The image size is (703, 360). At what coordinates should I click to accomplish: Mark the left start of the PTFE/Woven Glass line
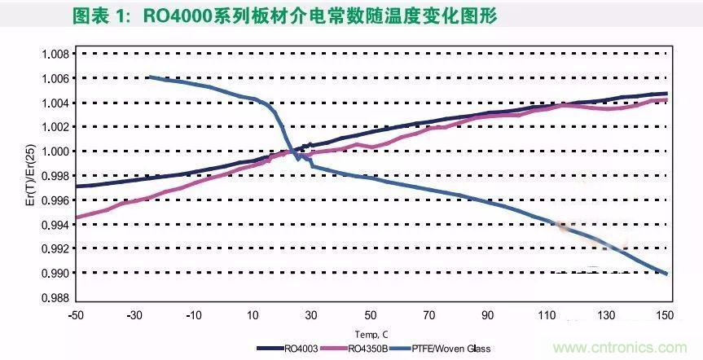pos(149,77)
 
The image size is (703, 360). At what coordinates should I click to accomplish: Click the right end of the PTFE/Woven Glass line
pos(667,274)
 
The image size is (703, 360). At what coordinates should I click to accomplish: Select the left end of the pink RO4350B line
pos(76,217)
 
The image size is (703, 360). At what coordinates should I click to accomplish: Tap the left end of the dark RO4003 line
pos(76,187)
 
